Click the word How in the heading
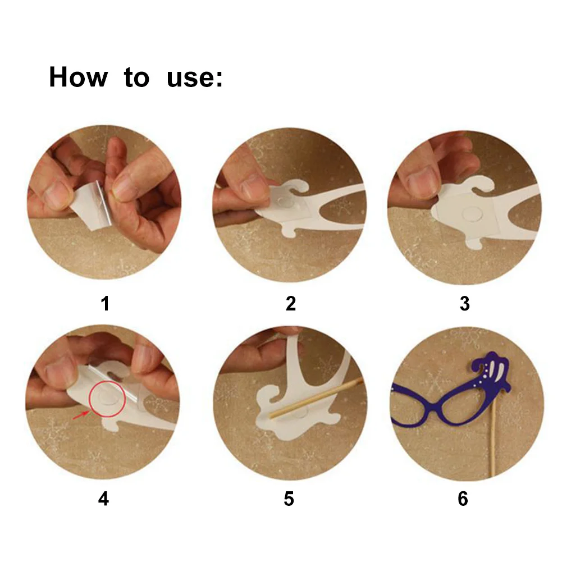point(78,77)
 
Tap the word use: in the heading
point(195,78)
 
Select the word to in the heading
point(136,78)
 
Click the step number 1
point(105,304)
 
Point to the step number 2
point(291,304)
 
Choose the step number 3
point(465,304)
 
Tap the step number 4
point(103,499)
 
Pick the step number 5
point(289,499)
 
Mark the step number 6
point(463,499)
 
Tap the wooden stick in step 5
point(316,397)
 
